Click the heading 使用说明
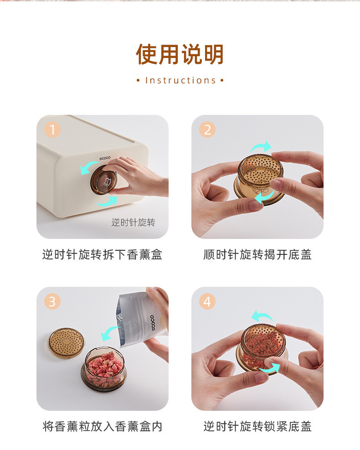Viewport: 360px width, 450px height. tap(180, 54)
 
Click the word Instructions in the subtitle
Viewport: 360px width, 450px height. tap(180, 80)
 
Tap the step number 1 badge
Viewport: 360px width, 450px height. tap(52, 130)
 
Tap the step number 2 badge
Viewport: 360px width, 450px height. tap(207, 130)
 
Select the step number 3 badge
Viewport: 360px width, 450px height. tap(52, 302)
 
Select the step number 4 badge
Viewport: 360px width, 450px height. tap(207, 302)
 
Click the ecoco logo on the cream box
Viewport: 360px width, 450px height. tap(105, 158)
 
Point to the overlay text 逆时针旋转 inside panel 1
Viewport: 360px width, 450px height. tap(133, 222)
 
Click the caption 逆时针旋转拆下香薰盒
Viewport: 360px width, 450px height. tap(103, 254)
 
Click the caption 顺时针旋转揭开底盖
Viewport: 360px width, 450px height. tap(257, 254)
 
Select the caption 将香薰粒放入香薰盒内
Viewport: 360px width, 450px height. tap(103, 426)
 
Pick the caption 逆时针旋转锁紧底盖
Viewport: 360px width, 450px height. tap(257, 426)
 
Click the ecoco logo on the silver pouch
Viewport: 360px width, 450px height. tap(153, 323)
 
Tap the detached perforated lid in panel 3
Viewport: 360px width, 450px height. tap(66, 343)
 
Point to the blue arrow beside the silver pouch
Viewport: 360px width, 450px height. tap(109, 333)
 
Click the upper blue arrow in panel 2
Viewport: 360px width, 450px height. tap(261, 147)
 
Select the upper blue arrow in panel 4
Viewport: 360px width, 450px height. tap(261, 316)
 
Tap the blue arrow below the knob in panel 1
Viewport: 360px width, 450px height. tap(107, 202)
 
